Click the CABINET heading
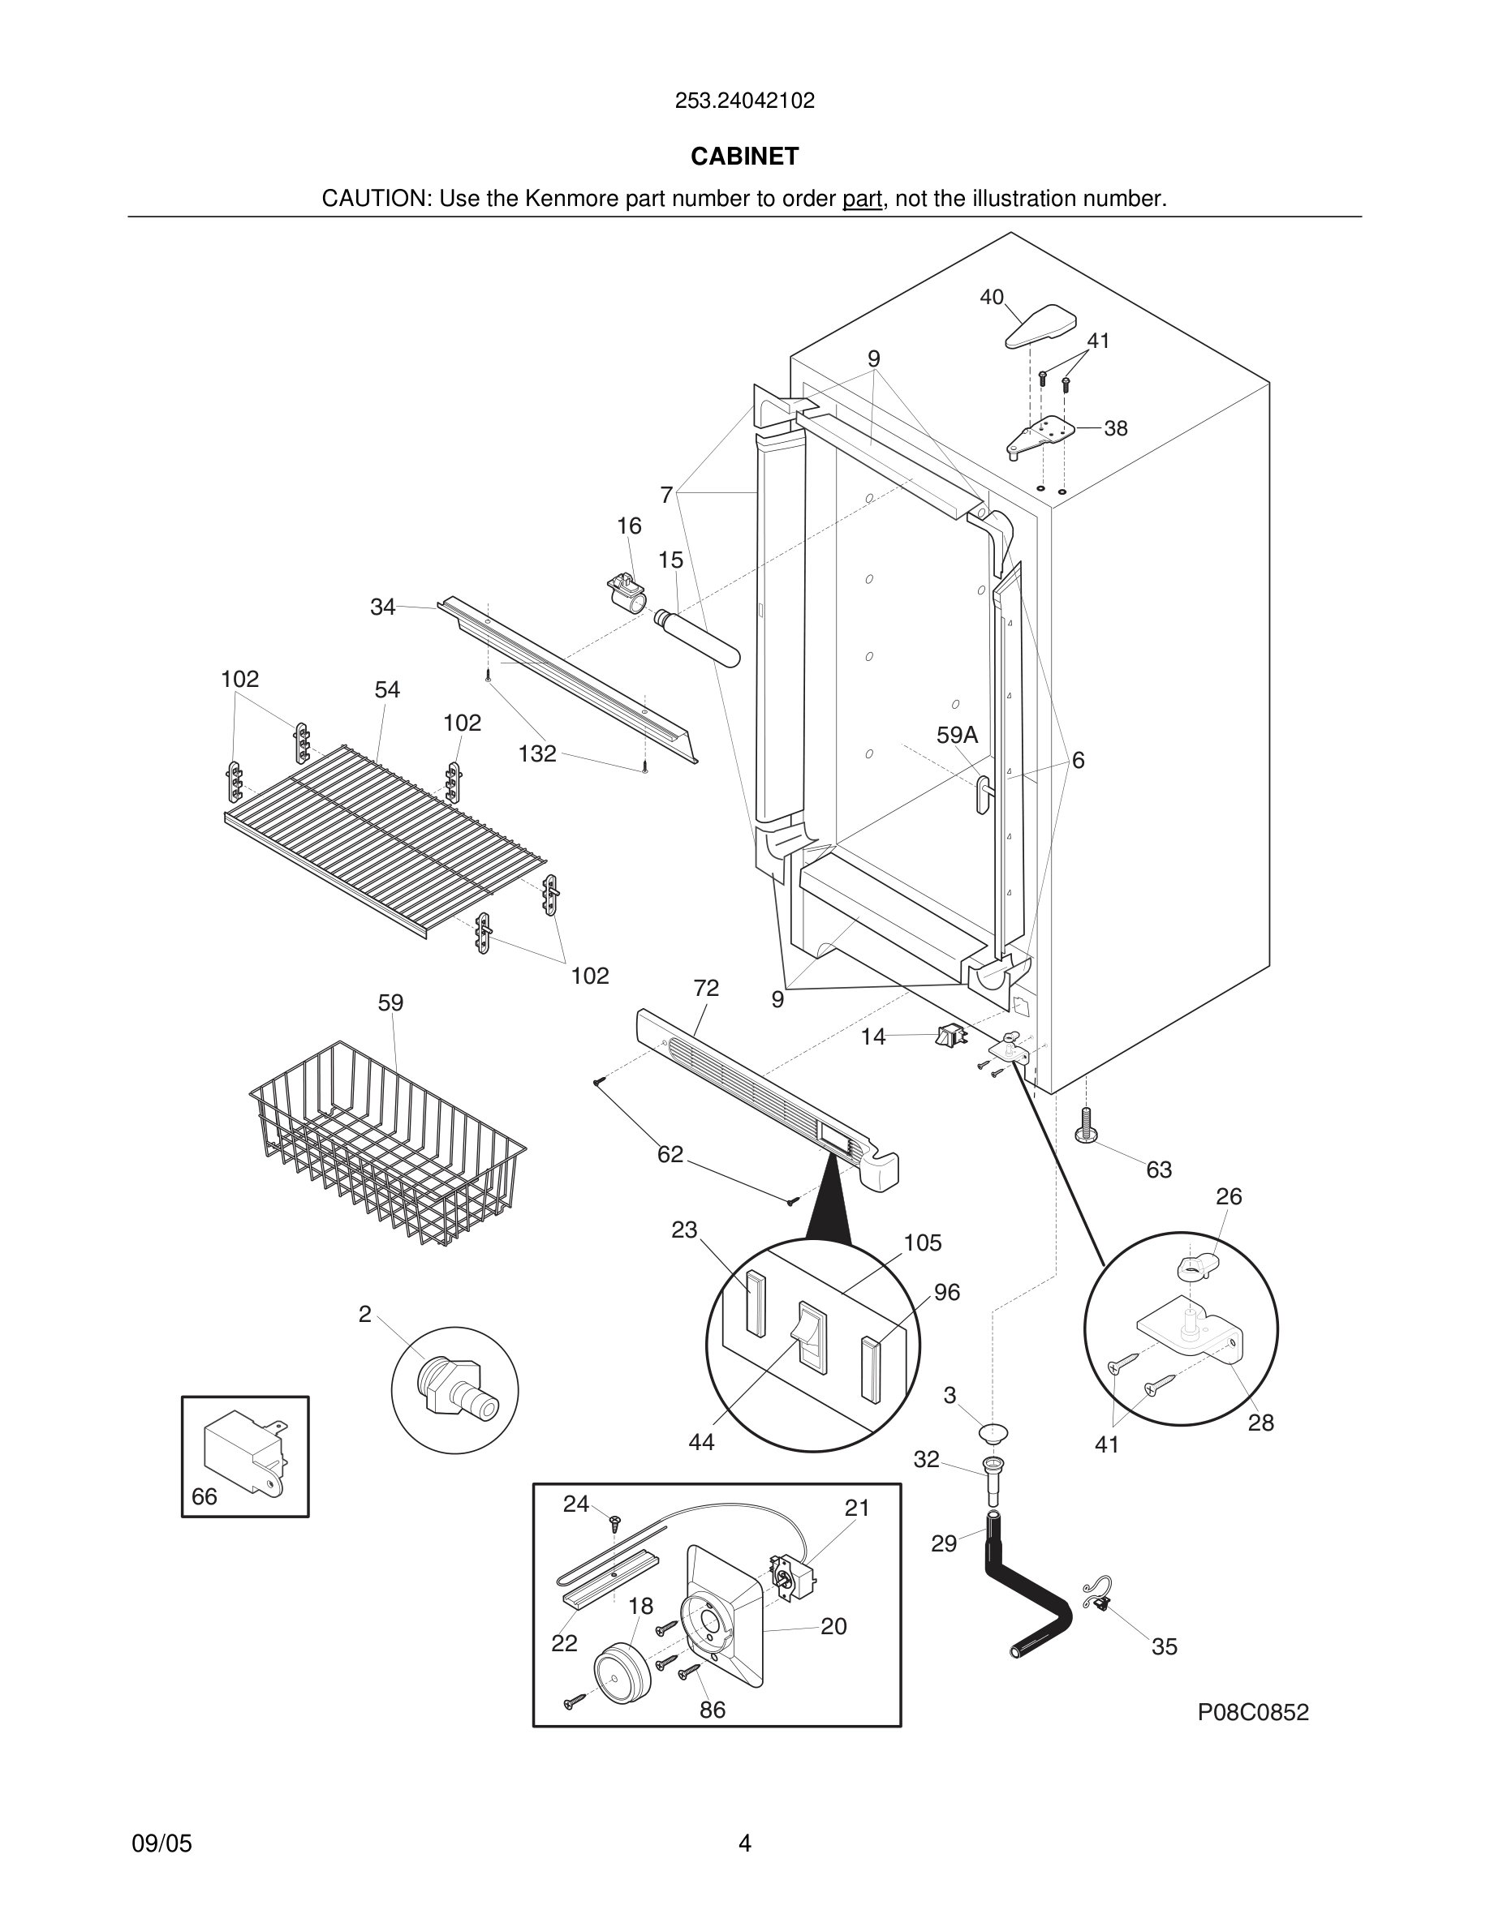744,157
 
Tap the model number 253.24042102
744,101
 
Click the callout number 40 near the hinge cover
991,298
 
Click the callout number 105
923,1242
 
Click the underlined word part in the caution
863,200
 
